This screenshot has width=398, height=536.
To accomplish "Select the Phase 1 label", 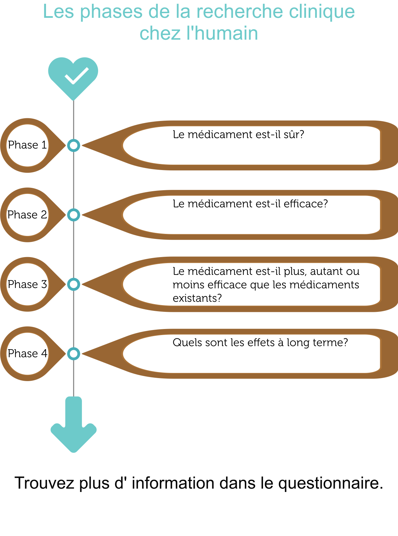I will pos(27,145).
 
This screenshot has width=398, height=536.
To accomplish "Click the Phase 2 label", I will pos(27,215).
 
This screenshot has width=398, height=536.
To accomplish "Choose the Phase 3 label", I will pos(27,284).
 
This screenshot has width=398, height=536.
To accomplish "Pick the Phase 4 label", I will pos(27,354).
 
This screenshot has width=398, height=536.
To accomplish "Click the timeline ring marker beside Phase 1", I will pos(74,146).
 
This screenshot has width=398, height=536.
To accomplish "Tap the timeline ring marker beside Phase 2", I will pos(74,215).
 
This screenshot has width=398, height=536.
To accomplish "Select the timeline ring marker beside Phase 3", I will pos(74,284).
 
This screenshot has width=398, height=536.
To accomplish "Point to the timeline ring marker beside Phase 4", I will pos(74,354).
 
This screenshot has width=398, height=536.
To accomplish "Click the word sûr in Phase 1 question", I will pos(294,134).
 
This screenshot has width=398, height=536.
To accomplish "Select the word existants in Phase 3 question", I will pos(197,298).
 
